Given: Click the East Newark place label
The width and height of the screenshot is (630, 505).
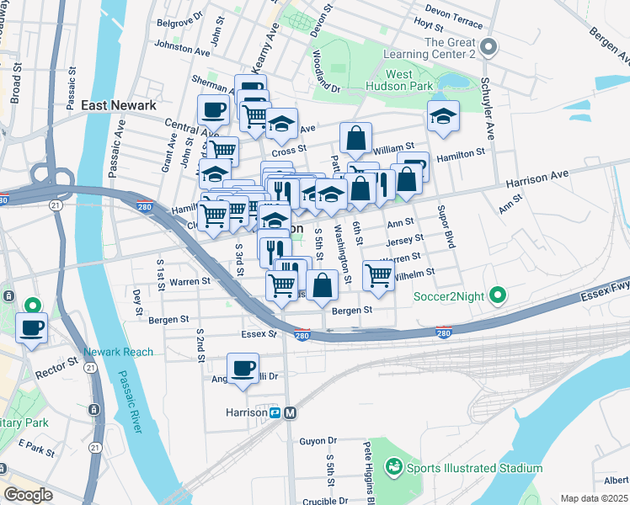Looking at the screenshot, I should (x=119, y=105).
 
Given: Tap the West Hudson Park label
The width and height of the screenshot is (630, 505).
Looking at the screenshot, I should (x=400, y=80).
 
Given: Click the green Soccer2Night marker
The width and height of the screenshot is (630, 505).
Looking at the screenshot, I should (x=498, y=295).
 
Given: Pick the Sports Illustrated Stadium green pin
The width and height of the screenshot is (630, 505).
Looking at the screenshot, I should (x=393, y=467).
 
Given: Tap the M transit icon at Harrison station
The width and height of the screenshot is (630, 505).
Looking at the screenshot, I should (x=291, y=412).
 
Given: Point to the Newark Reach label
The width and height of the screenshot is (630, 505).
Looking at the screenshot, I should (x=119, y=352).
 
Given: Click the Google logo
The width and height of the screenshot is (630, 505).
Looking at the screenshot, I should (x=28, y=495).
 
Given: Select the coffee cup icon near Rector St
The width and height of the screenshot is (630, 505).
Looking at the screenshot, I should (x=32, y=327).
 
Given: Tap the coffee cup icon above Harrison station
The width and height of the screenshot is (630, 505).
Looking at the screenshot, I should (x=243, y=367).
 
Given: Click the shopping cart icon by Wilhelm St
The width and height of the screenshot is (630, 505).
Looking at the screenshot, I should (x=379, y=274).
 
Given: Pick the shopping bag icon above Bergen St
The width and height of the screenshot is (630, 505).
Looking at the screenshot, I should (x=322, y=284).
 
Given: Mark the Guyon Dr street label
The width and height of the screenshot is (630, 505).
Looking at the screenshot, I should (x=318, y=440).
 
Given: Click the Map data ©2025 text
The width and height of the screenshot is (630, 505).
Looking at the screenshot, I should (x=594, y=498).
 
